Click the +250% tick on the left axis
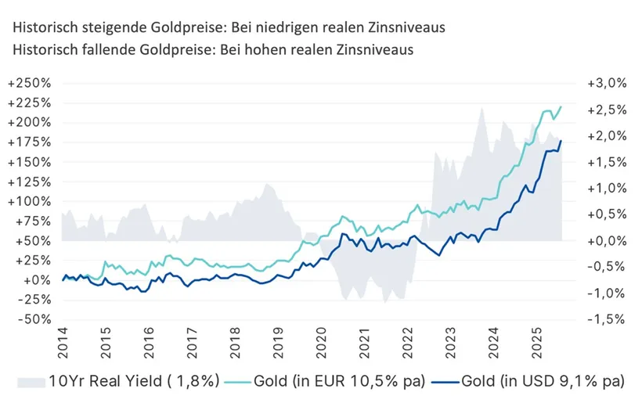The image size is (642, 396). pos(30,83)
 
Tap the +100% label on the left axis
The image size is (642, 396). pos(30,201)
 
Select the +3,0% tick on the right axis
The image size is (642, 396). pos(596,83)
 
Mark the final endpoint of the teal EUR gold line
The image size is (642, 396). pos(561,106)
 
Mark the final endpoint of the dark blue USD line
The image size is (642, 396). pos(561,141)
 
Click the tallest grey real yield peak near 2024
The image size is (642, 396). pos(482,107)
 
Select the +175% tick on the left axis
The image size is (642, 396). pos(30,142)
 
